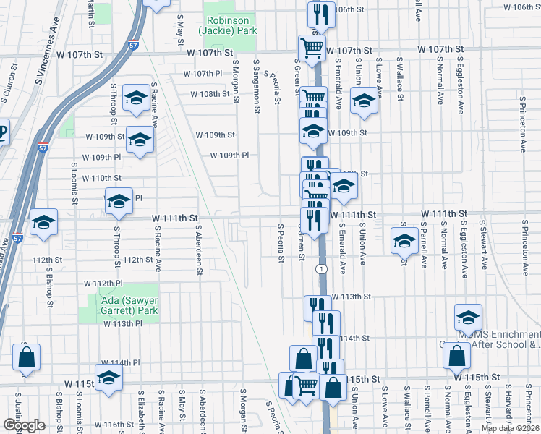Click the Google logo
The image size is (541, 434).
[x=24, y=425]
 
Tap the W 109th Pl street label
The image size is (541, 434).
[x=229, y=156]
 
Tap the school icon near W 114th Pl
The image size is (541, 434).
[x=108, y=378]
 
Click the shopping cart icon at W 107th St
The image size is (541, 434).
[x=312, y=49]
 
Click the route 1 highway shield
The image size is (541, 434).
[x=319, y=268]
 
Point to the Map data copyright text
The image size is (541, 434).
[x=509, y=428]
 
